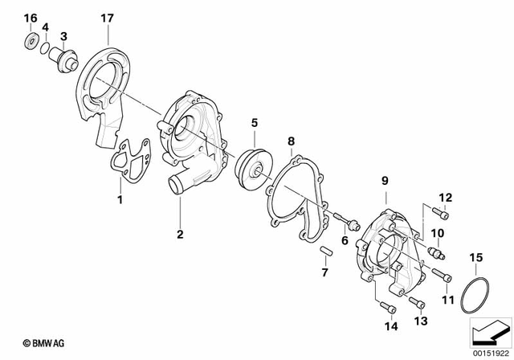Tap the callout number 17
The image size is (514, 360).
click(x=108, y=18)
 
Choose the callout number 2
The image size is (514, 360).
click(x=180, y=235)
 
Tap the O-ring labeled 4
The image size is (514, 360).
click(x=45, y=49)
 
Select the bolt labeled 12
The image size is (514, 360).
click(x=440, y=213)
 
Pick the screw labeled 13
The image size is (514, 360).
click(x=415, y=303)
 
